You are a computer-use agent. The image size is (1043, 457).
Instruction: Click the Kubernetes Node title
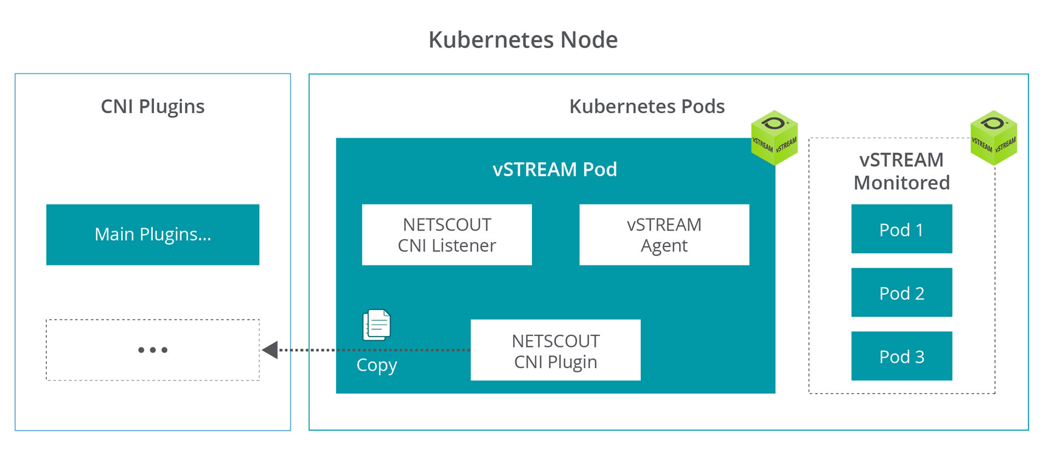(x=523, y=40)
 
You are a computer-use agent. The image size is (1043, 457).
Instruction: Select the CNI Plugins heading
(x=152, y=106)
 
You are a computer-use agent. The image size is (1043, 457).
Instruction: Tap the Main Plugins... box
(x=153, y=234)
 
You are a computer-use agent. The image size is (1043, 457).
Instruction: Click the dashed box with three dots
(x=153, y=350)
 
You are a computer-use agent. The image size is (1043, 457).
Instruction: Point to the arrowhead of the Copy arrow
(x=270, y=350)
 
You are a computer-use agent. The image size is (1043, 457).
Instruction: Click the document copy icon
(x=376, y=325)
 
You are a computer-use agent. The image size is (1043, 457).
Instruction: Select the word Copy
(x=376, y=365)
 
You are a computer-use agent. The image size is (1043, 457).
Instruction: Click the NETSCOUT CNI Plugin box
(x=555, y=351)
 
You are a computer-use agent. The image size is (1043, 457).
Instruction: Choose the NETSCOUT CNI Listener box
(x=447, y=235)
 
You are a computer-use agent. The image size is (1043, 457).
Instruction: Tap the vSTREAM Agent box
(x=664, y=235)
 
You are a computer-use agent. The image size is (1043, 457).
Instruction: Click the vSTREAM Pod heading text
(x=554, y=169)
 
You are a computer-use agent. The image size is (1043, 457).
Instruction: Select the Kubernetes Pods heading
(x=647, y=106)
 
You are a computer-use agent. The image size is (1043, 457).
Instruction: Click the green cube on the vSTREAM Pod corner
(x=774, y=138)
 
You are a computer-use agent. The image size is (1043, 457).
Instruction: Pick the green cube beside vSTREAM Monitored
(x=993, y=138)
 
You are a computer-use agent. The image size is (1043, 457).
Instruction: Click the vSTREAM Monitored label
(x=901, y=171)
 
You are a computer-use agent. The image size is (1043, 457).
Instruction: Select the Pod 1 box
(x=901, y=229)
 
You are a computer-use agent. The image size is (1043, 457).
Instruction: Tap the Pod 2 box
(x=901, y=293)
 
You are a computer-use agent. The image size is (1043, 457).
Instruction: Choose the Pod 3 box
(x=901, y=356)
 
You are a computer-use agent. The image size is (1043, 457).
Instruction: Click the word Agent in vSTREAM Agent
(x=664, y=246)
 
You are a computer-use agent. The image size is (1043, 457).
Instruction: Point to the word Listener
(x=464, y=246)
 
